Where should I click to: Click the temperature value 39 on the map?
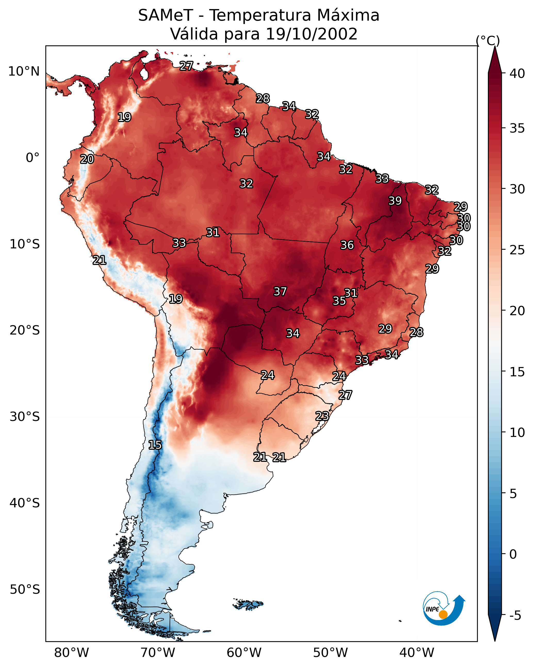395,201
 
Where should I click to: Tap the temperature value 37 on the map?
280,291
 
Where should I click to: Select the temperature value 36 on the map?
347,245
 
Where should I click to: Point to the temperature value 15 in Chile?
155,445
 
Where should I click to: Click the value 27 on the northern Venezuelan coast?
186,66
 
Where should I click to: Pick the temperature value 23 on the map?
322,416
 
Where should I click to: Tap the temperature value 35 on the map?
339,301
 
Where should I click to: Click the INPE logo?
444,608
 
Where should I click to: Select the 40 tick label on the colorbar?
517,74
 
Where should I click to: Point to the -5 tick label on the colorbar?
515,616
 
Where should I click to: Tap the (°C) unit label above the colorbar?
488,40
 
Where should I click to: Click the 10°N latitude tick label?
24,71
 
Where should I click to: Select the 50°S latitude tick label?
25,590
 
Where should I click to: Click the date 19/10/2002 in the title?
311,34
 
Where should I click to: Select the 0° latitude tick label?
32,158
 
